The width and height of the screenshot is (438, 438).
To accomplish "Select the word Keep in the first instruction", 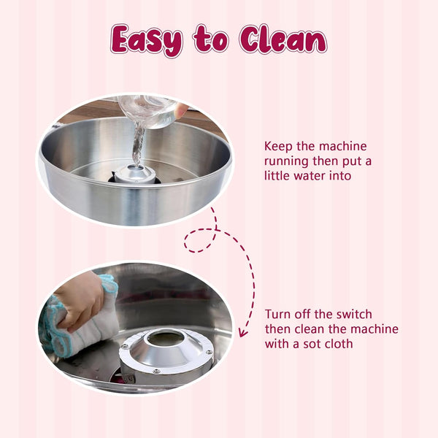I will [280, 146].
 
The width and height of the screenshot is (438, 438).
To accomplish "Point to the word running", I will [290, 161].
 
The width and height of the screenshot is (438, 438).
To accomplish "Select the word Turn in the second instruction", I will [280, 315].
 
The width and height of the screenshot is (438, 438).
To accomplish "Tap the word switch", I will [352, 315].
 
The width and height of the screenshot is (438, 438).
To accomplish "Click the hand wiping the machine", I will [80, 299].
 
